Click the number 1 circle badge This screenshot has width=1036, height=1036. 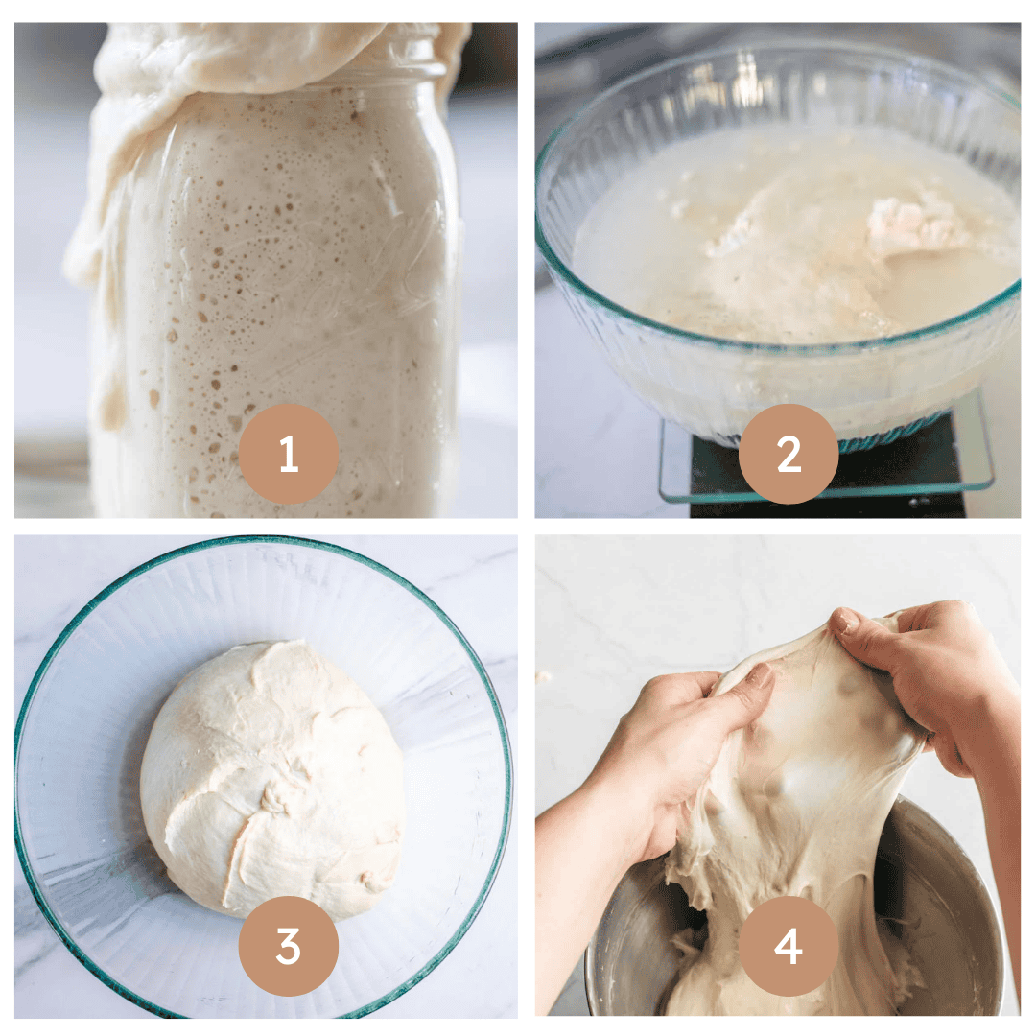(289, 454)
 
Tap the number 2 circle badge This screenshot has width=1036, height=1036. (789, 454)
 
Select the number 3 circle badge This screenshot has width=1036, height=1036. (289, 946)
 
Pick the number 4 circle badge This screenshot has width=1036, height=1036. (789, 946)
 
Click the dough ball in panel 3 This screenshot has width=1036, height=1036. (272, 780)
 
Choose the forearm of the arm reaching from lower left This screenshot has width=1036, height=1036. (581, 859)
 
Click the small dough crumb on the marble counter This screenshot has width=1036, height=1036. (544, 676)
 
